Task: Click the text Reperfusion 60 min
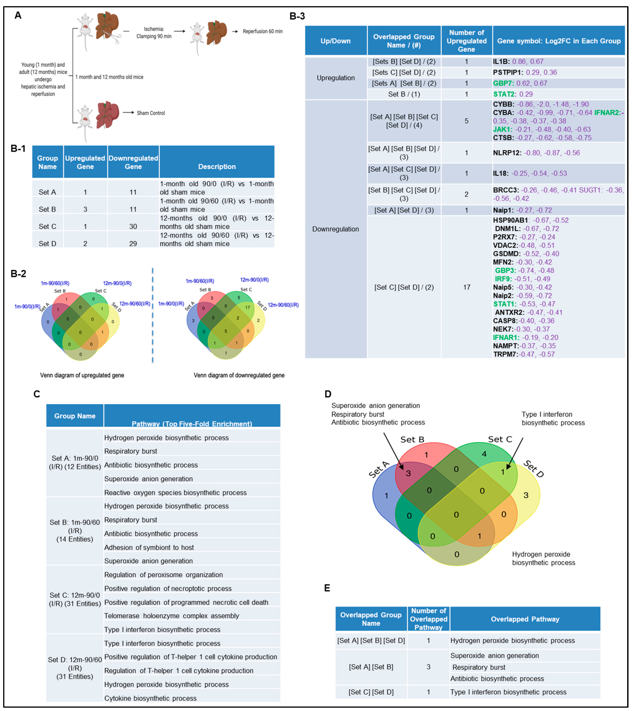click(x=263, y=31)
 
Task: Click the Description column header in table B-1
click(x=217, y=167)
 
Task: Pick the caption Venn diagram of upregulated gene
click(x=82, y=375)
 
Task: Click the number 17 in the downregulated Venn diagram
click(x=248, y=308)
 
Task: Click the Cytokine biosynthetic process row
click(x=150, y=698)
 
